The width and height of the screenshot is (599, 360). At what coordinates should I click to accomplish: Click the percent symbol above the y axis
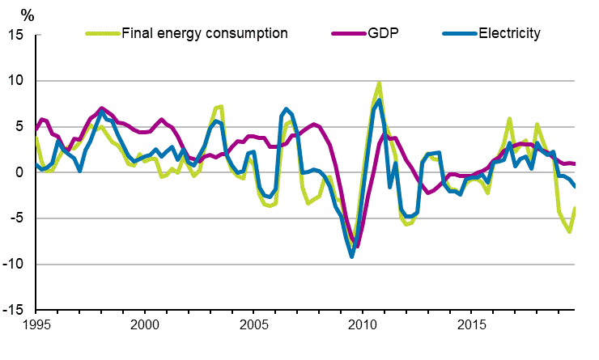click(27, 15)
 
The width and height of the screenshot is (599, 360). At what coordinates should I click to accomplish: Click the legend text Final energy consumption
click(204, 34)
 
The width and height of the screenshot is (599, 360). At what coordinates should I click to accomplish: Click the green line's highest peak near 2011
click(379, 83)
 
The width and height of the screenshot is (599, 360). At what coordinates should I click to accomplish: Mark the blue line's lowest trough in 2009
click(352, 256)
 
